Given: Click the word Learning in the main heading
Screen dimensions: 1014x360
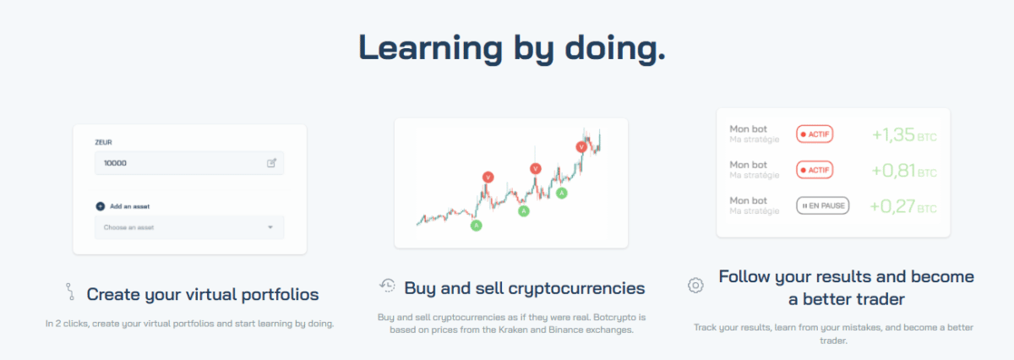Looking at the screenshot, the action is (x=430, y=48).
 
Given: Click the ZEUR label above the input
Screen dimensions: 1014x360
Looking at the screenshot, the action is (x=103, y=142).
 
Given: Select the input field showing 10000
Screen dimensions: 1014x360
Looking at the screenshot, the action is (x=189, y=163).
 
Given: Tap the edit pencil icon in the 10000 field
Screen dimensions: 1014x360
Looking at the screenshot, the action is (x=271, y=163).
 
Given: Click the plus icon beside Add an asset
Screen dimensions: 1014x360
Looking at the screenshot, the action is (x=100, y=206).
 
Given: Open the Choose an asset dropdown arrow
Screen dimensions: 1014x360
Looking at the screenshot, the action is (x=270, y=227).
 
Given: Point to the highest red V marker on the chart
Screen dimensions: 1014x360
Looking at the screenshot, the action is (x=581, y=147).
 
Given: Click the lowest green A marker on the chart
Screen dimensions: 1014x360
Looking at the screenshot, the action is (x=477, y=226).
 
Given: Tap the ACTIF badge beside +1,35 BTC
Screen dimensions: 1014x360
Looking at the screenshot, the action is (x=815, y=134).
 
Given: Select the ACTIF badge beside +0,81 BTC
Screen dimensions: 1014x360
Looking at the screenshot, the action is (x=815, y=170).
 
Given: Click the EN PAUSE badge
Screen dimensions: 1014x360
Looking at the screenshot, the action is (x=823, y=205).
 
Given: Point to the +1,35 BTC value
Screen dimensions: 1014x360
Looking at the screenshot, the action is (x=904, y=134).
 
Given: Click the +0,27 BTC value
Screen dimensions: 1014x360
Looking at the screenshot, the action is (x=903, y=206).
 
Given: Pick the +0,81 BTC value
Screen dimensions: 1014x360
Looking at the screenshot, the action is (x=904, y=171).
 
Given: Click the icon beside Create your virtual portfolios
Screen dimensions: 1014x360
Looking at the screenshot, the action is (x=70, y=292).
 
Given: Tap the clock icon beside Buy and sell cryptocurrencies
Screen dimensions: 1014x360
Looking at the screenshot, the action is (x=388, y=286).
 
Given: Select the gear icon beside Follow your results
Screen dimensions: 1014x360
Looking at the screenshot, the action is (x=695, y=286).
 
